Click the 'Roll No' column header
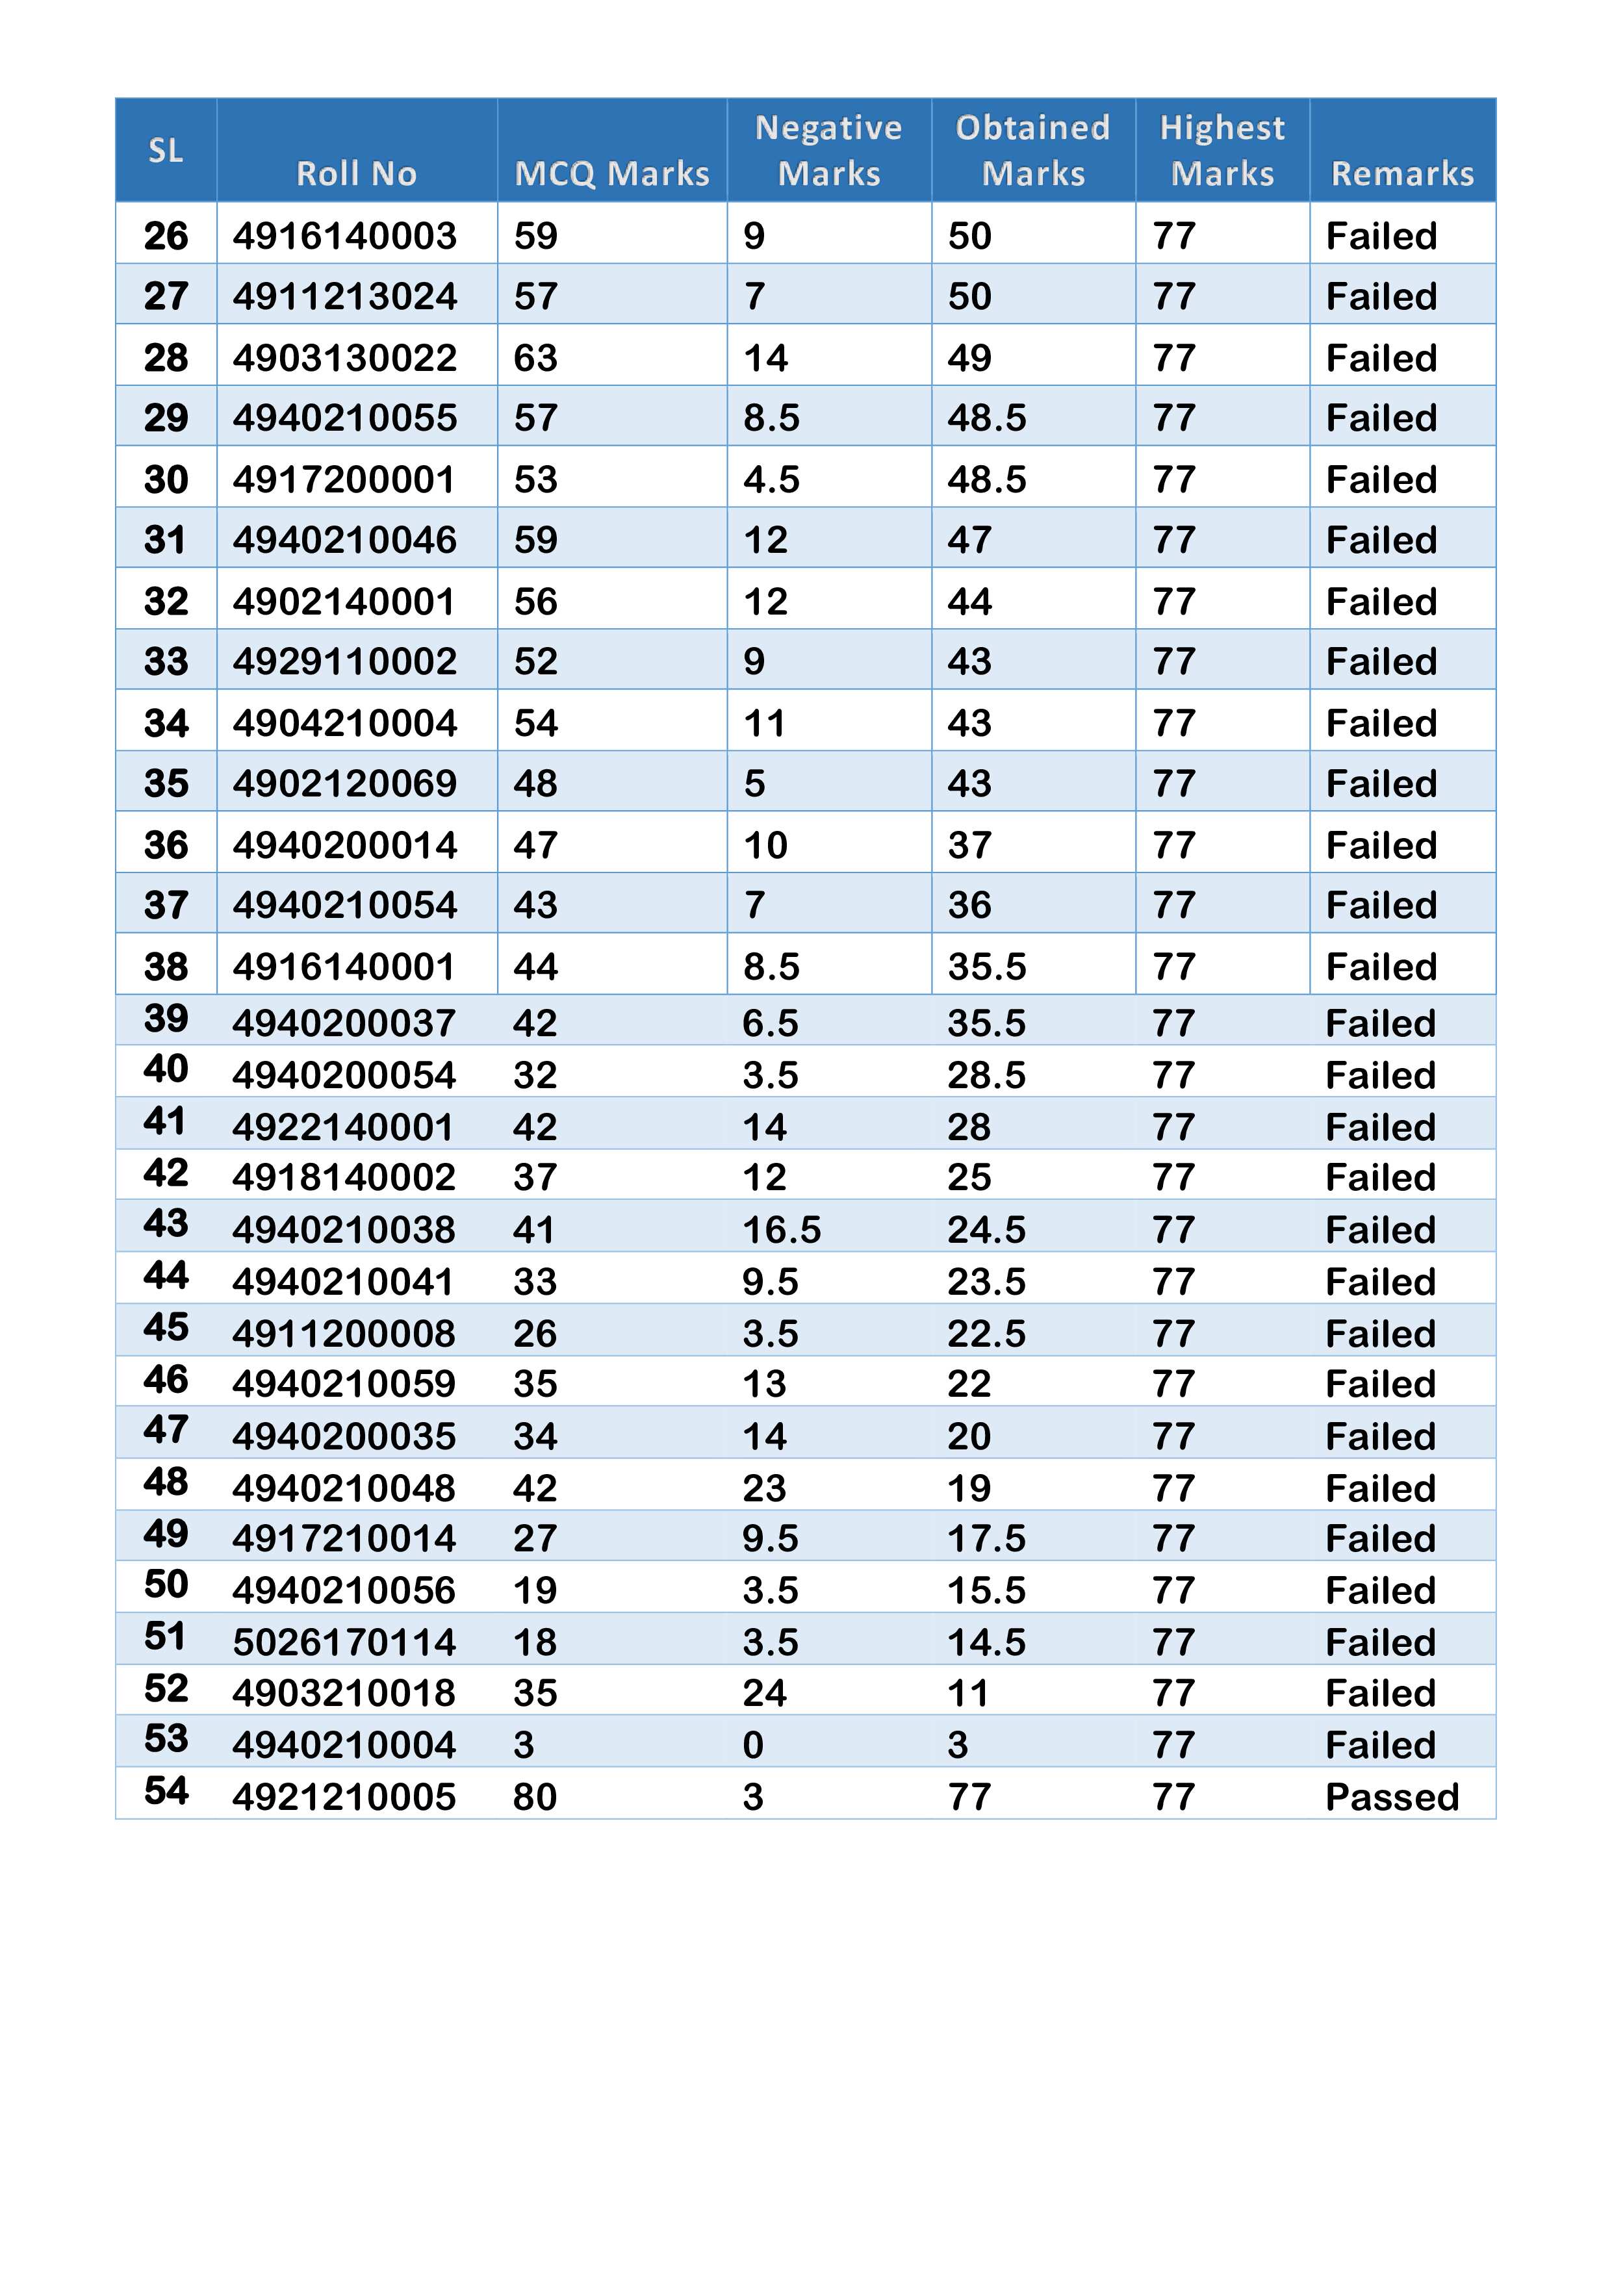[356, 173]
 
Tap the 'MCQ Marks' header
[611, 173]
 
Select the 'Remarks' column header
[1401, 173]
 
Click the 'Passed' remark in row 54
[1392, 1796]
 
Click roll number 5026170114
[344, 1642]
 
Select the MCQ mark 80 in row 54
[535, 1796]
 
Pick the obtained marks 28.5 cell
[986, 1075]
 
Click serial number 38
[166, 966]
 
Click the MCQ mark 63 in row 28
[536, 357]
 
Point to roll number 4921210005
[344, 1796]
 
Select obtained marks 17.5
[986, 1538]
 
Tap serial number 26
[166, 236]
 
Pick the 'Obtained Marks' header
[1032, 151]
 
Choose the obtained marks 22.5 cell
[986, 1333]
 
